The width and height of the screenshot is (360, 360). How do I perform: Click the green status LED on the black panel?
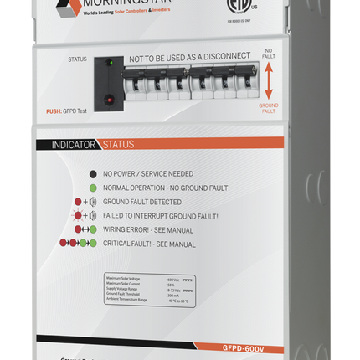point(110,63)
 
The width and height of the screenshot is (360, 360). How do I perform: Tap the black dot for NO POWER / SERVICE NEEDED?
point(92,173)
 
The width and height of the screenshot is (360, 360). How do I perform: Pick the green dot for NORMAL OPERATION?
point(92,188)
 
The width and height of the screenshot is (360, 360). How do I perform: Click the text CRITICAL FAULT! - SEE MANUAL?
point(150,244)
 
